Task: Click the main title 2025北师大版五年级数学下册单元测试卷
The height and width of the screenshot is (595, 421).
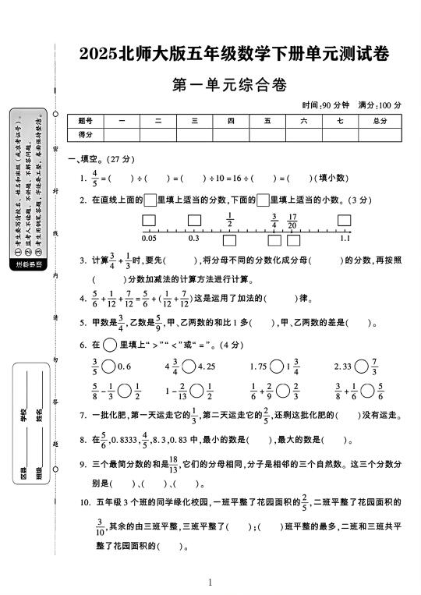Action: tap(234, 55)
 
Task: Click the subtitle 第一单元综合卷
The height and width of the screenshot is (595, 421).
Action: tap(234, 85)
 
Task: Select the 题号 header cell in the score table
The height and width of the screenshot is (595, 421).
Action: tap(86, 121)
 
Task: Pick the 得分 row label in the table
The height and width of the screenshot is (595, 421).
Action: tap(86, 135)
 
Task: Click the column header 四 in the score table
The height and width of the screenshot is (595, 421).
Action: tap(231, 121)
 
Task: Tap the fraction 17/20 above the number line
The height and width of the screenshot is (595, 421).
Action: tap(292, 221)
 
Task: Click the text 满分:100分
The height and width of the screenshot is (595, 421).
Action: tap(379, 104)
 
